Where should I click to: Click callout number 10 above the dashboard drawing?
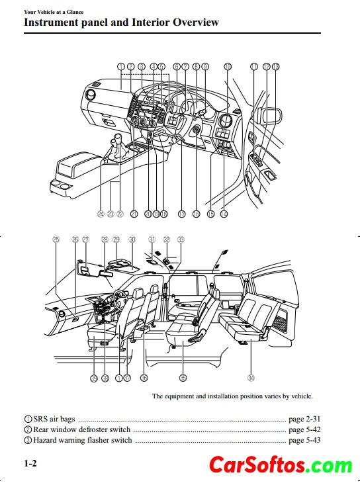[228, 66]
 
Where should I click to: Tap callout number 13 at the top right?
[275, 66]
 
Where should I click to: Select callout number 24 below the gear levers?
[101, 214]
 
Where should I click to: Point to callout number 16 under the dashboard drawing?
[197, 214]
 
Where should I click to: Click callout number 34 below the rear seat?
[251, 378]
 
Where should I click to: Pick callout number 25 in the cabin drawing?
[56, 239]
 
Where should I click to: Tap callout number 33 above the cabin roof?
[181, 239]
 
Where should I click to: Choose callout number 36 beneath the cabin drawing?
[144, 378]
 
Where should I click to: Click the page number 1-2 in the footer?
[30, 463]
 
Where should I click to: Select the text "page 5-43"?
[304, 440]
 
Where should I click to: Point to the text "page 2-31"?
[304, 419]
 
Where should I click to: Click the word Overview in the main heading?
[196, 22]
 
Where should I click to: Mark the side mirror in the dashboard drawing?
[272, 116]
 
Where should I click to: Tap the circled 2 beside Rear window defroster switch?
[28, 429]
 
